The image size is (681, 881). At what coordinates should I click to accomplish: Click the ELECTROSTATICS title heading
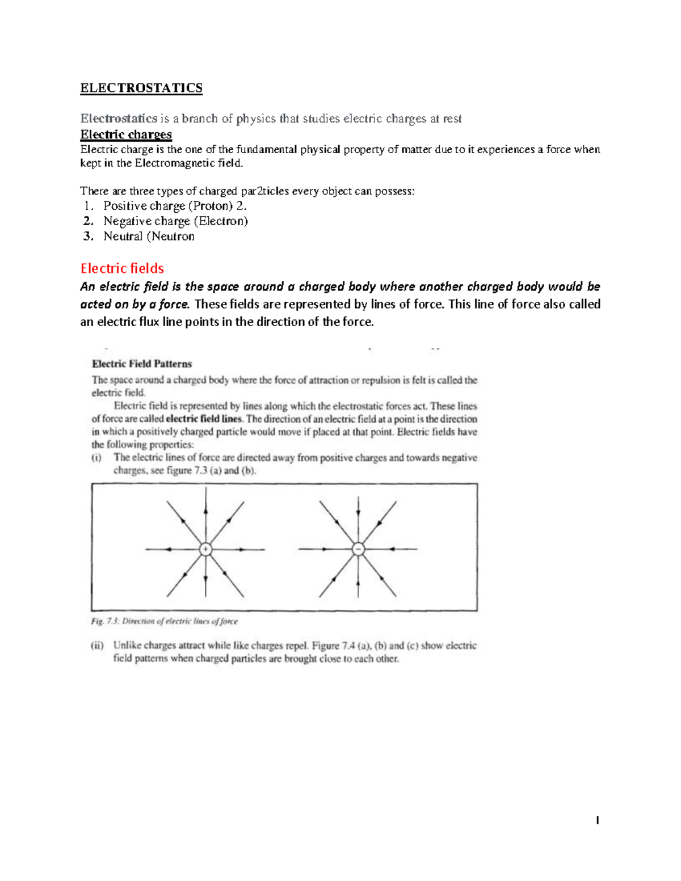point(141,88)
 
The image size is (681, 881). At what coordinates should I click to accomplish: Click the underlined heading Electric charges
point(126,134)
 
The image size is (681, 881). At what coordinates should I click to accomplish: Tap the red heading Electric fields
point(122,268)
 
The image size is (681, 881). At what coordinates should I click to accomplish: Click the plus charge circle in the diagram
point(205,549)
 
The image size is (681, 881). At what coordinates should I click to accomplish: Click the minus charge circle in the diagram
point(358,549)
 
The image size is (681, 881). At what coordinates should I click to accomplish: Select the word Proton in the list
point(211,206)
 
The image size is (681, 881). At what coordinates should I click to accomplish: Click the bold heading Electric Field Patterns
point(142,364)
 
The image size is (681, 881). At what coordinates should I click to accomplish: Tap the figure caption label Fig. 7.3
point(103,621)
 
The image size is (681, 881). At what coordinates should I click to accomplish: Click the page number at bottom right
point(597,820)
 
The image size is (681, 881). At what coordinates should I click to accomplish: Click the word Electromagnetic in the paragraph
point(175,163)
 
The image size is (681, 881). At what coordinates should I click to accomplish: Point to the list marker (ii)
point(98,646)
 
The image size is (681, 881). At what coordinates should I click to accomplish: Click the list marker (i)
point(96,457)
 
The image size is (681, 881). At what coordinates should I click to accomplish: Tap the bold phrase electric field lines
point(204,419)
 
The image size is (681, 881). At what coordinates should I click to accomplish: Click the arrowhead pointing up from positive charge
point(205,511)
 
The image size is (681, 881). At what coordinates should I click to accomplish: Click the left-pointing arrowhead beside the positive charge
point(169,549)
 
